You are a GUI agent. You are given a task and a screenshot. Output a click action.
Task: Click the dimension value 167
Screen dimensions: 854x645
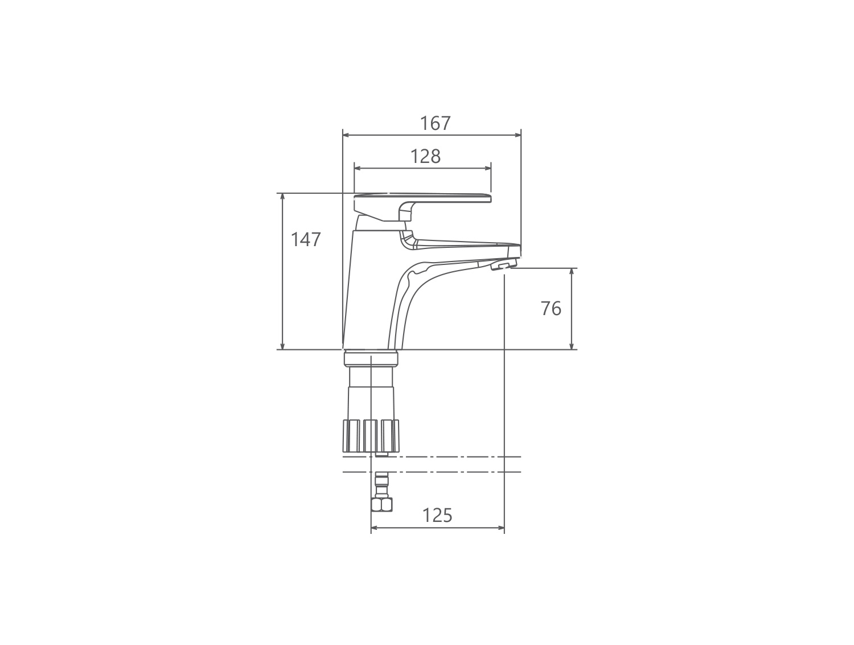[436, 124]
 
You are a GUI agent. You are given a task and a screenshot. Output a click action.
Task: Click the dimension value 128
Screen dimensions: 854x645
[426, 157]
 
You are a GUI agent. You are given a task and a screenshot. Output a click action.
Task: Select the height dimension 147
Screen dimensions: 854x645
[306, 239]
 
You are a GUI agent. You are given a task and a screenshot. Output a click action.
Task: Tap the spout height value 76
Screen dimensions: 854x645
[551, 309]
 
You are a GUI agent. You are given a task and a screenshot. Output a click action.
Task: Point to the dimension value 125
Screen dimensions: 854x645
[437, 516]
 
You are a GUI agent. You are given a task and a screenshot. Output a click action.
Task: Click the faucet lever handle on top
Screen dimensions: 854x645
[422, 207]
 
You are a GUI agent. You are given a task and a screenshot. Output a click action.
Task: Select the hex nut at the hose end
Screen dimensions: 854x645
[381, 504]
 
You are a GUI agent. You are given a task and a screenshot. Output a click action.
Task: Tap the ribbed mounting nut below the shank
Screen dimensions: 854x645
[371, 435]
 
